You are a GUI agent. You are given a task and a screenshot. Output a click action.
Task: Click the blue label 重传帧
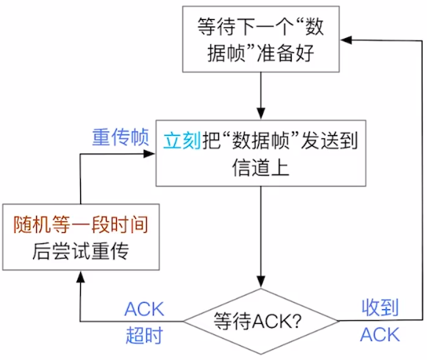[121, 137]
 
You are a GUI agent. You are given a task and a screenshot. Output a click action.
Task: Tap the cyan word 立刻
[182, 140]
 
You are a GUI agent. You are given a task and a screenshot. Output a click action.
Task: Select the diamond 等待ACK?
[261, 321]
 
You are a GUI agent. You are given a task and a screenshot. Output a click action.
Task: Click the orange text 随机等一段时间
[81, 225]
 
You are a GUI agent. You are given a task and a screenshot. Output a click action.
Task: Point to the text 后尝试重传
[81, 251]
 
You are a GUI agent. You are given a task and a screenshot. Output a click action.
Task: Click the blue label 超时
[144, 335]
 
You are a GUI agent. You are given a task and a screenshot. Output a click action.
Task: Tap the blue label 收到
[380, 307]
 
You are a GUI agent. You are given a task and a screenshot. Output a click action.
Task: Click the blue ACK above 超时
[144, 309]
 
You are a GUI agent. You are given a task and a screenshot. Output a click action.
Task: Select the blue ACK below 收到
[380, 334]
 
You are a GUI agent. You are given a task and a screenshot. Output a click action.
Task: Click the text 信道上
[261, 168]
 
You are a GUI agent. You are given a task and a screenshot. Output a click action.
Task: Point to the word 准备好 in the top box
[285, 53]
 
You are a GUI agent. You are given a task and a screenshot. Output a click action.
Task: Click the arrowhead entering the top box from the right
[346, 40]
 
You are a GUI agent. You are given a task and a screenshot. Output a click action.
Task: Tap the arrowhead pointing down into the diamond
[261, 281]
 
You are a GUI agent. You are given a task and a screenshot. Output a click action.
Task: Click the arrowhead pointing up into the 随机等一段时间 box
[81, 277]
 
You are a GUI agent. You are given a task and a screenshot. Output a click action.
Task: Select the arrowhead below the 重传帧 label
[149, 154]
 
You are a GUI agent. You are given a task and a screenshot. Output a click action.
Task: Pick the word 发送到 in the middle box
[329, 140]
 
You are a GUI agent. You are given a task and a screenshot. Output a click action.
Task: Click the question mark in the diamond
[296, 321]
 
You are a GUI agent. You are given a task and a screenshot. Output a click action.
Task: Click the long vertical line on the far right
[423, 180]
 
